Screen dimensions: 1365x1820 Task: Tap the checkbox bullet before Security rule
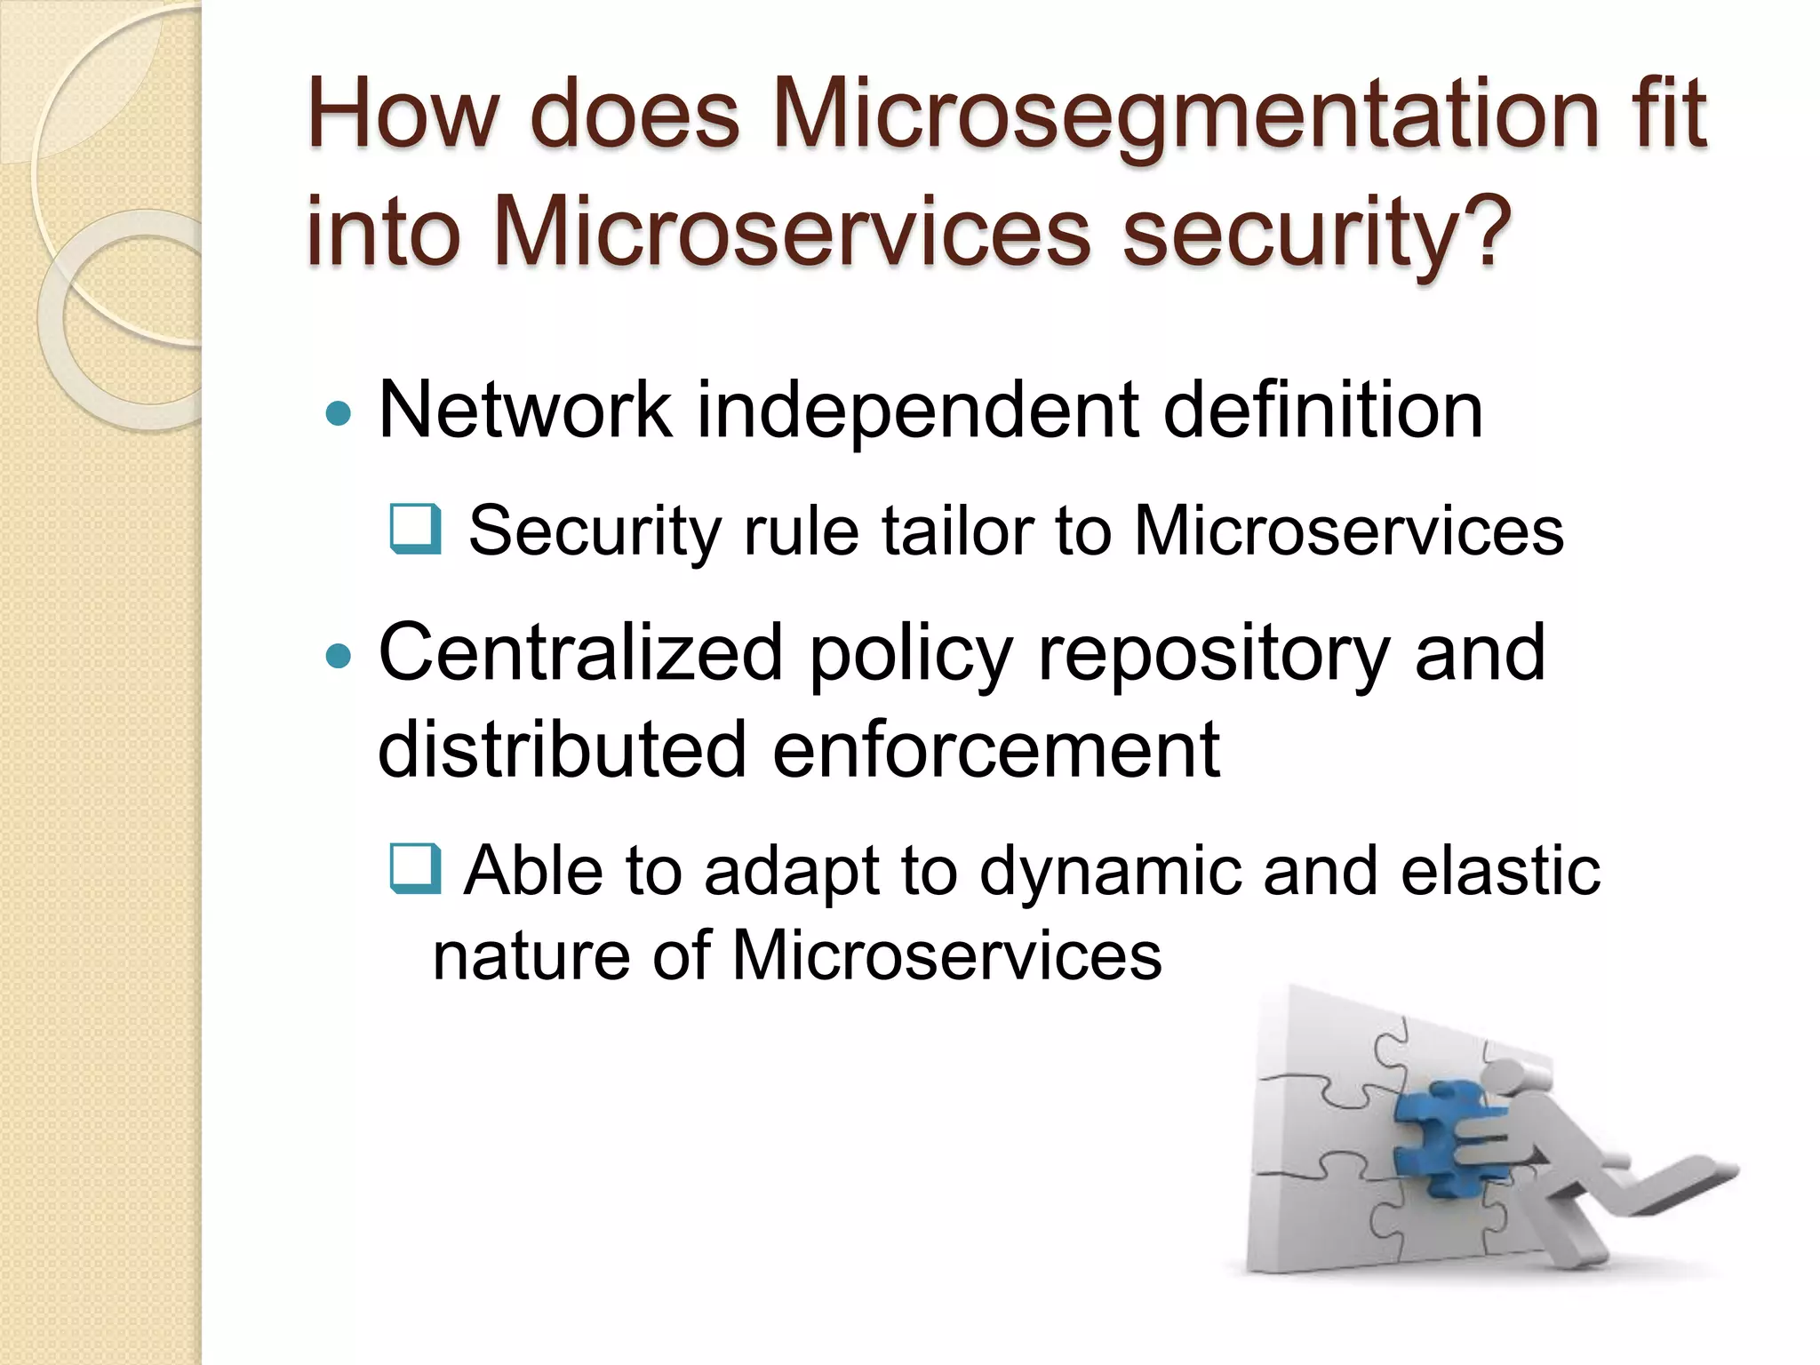pos(416,530)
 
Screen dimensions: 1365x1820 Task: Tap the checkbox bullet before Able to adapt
pos(416,869)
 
